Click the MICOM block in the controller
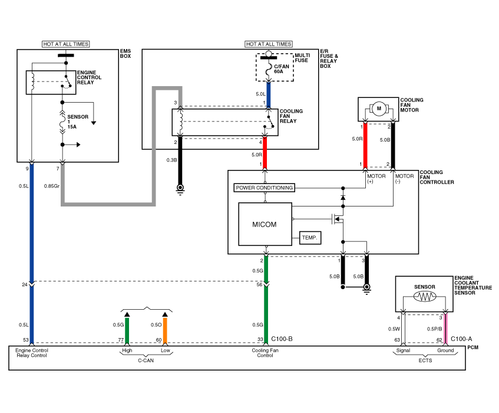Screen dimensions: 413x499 point(265,224)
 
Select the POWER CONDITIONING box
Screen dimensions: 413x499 point(264,188)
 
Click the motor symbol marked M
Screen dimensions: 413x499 point(379,108)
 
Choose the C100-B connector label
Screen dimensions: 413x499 point(282,339)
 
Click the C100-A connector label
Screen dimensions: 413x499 point(461,339)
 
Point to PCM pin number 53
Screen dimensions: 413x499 point(26,340)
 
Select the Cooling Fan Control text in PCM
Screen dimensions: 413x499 point(266,353)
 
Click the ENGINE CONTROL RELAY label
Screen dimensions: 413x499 point(90,78)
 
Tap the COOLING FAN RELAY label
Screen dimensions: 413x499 point(291,116)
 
